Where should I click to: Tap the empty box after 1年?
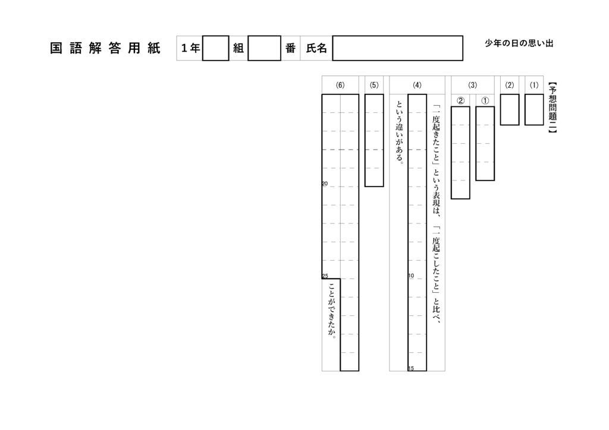tap(215, 49)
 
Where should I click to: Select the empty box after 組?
tap(264, 49)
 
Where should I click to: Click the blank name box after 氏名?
tap(397, 49)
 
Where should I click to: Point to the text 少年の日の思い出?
tap(519, 44)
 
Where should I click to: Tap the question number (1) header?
tap(533, 85)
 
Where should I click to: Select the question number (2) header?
tap(509, 85)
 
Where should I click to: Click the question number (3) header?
tap(473, 85)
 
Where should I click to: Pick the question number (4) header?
tap(417, 85)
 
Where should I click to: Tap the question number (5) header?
tap(373, 85)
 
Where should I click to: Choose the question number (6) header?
tap(340, 85)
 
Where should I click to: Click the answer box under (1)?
tap(533, 109)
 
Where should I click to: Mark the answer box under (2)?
tap(509, 109)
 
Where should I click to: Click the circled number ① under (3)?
tap(485, 100)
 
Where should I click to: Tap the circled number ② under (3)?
tap(460, 100)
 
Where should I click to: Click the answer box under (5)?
tap(373, 140)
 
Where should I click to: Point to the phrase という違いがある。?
tap(400, 133)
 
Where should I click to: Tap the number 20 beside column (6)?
tap(325, 184)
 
